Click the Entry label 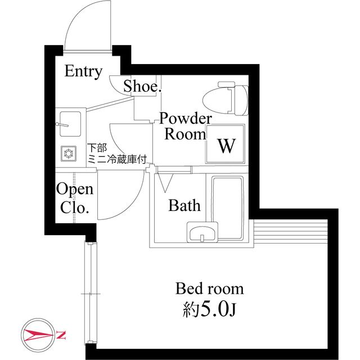pos(83,71)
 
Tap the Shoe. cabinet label pos(142,86)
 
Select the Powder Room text pos(185,126)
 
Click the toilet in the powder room pos(226,98)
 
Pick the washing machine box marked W pos(225,143)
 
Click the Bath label pos(184,205)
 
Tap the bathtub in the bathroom pos(227,208)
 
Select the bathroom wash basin pos(202,232)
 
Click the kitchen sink pos(70,124)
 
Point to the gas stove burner pos(69,153)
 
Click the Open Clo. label pos(75,198)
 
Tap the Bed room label pos(209,289)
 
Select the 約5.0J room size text pos(209,309)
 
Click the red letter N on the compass pos(61,335)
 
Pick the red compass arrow pos(39,335)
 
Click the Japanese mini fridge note pos(117,154)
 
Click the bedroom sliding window pos(91,293)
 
